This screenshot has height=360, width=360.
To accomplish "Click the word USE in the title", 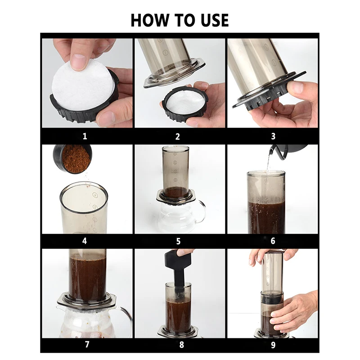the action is pyautogui.click(x=215, y=20).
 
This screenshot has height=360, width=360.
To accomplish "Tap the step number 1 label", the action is pyautogui.click(x=85, y=136).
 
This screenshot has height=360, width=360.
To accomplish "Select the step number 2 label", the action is pyautogui.click(x=177, y=137).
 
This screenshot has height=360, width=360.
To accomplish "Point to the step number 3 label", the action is pyautogui.click(x=273, y=136).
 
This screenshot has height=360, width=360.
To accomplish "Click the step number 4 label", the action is pyautogui.click(x=85, y=241).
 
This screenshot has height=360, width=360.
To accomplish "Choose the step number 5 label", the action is pyautogui.click(x=178, y=241).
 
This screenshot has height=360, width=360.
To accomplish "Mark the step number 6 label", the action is pyautogui.click(x=273, y=241).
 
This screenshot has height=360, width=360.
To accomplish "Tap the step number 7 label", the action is pyautogui.click(x=87, y=344).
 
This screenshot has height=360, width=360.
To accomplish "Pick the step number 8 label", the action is pyautogui.click(x=181, y=345).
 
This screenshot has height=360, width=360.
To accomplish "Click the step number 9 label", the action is pyautogui.click(x=273, y=345).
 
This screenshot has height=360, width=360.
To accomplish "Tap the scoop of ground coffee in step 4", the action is pyautogui.click(x=73, y=159).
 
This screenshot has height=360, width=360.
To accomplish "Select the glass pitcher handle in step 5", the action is pyautogui.click(x=202, y=211).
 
